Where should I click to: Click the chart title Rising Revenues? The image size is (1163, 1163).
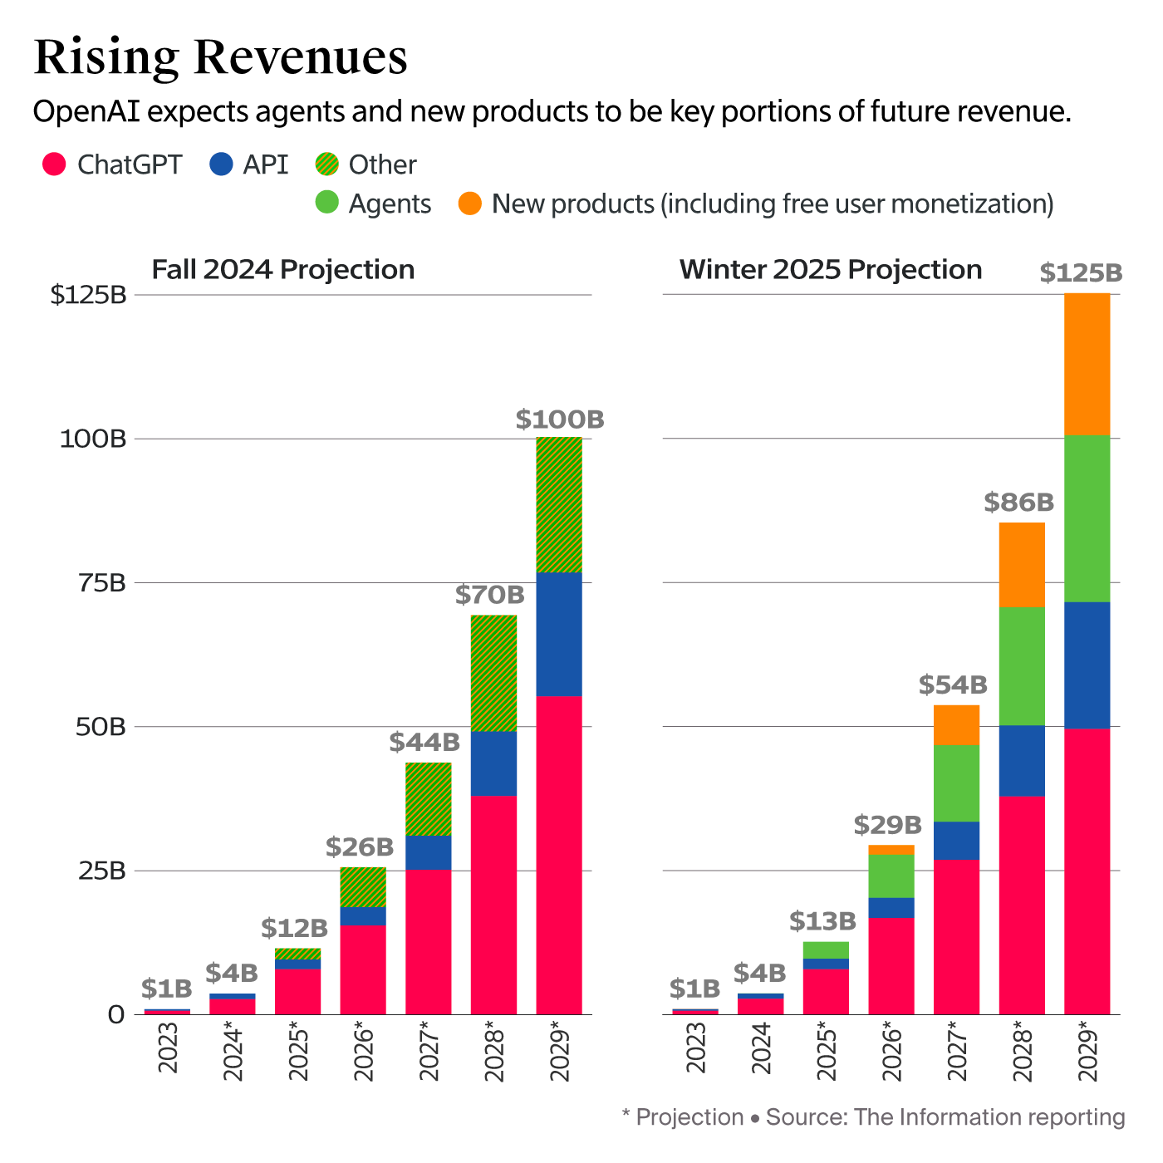tap(221, 57)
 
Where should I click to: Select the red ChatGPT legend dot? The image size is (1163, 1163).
tap(54, 164)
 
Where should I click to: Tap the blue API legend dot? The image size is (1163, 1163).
tap(221, 164)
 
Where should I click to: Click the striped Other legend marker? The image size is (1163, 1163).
tap(327, 164)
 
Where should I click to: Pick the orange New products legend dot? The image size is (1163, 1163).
tap(470, 204)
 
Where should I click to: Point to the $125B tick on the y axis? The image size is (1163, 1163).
tap(88, 295)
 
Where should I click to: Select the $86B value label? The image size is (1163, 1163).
tap(1019, 503)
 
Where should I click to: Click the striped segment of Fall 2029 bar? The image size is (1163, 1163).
tap(559, 505)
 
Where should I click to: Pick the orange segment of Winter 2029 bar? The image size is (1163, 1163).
tap(1087, 364)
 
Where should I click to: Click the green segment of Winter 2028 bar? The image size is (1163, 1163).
tap(1022, 666)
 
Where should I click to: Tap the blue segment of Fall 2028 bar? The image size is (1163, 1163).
tap(493, 763)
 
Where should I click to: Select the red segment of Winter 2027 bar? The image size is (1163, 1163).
tap(956, 937)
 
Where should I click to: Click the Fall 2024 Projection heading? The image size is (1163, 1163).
tap(283, 270)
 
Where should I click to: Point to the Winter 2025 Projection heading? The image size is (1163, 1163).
tap(831, 270)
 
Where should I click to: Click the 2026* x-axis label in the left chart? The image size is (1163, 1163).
tap(364, 1052)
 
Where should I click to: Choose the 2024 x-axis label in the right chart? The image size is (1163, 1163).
tap(761, 1048)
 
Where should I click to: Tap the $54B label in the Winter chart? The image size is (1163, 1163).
tap(953, 685)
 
